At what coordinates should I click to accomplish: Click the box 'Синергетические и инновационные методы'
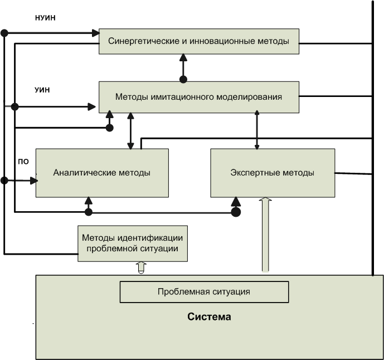click(199, 41)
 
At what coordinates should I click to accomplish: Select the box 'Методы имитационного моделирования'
click(199, 97)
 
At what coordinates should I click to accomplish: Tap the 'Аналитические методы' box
click(102, 173)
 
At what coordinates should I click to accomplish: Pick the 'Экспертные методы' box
click(273, 173)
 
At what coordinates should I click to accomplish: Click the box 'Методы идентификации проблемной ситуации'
click(133, 244)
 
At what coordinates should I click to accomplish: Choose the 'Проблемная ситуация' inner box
click(204, 291)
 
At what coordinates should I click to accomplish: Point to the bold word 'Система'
click(209, 318)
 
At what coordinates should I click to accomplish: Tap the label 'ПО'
click(23, 162)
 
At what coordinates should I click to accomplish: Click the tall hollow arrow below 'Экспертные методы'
click(265, 234)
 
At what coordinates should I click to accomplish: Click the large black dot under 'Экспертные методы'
click(236, 212)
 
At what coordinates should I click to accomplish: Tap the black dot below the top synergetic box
click(183, 79)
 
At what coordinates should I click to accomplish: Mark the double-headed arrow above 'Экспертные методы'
click(257, 130)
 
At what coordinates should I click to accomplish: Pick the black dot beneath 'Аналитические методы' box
click(88, 212)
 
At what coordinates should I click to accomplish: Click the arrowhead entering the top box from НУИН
click(94, 33)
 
